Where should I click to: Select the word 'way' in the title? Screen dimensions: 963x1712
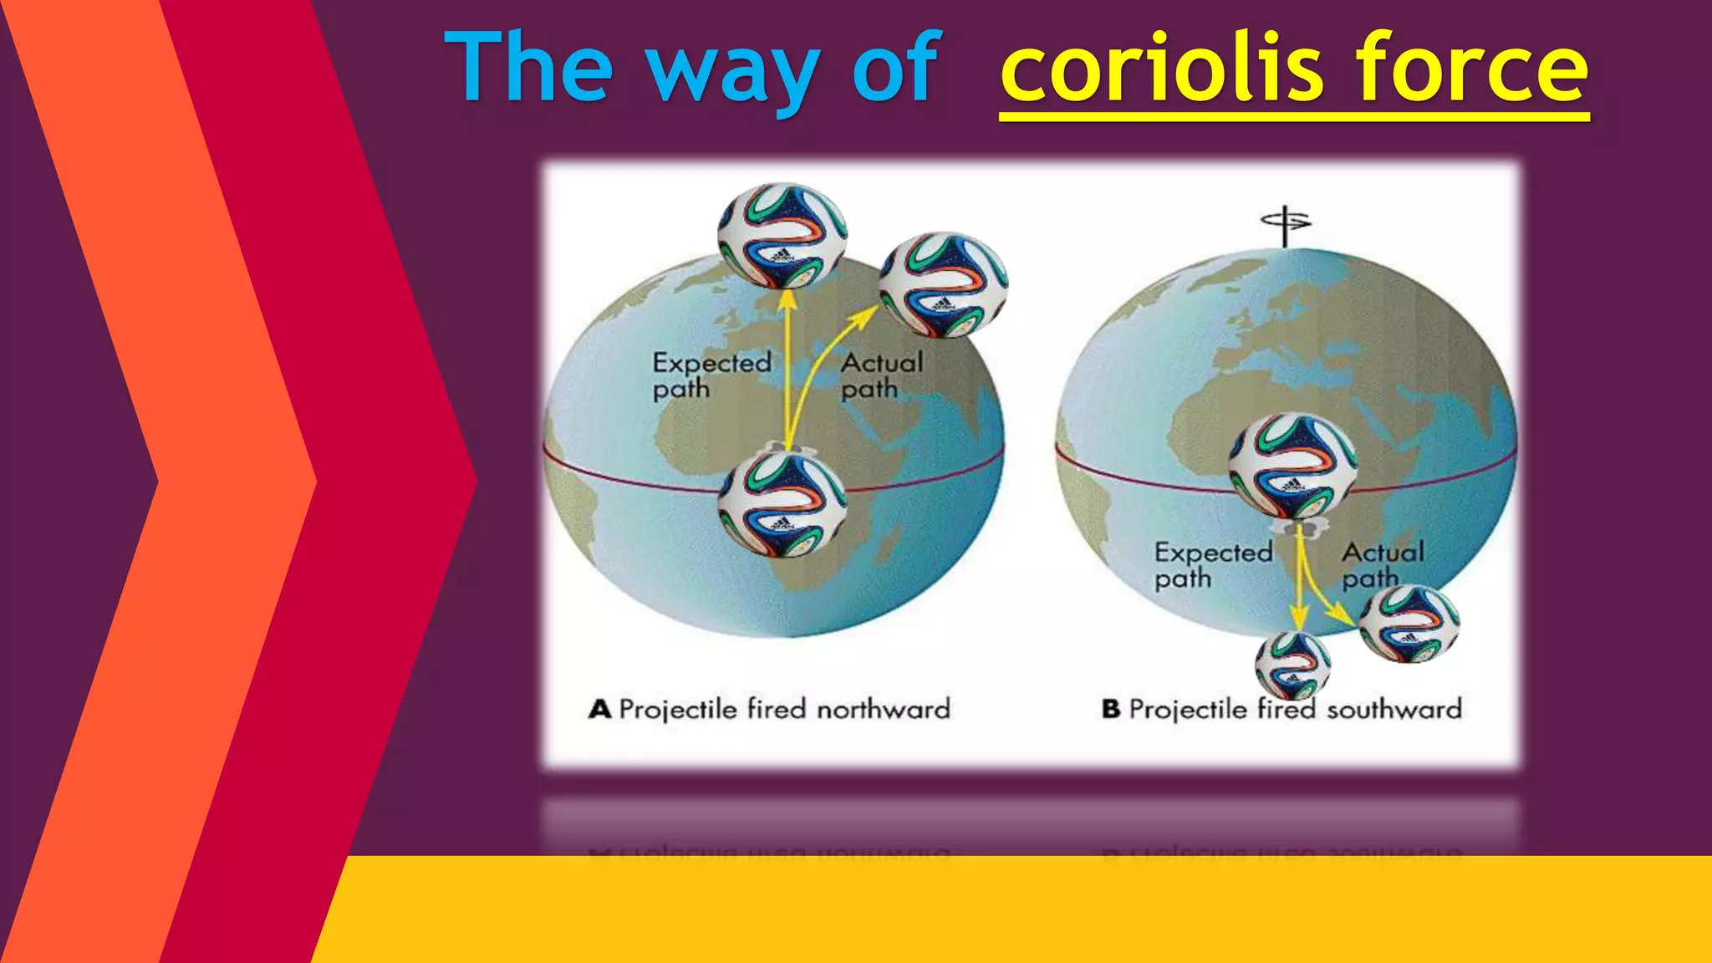click(x=731, y=71)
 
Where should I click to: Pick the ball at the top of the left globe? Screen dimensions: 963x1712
click(x=782, y=236)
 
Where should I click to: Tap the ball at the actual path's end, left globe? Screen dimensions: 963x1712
click(x=943, y=285)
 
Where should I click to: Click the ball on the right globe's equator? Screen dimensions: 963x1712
click(x=1292, y=466)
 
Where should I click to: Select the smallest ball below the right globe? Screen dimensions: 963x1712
click(x=1292, y=665)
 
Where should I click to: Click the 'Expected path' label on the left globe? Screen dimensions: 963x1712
click(x=711, y=375)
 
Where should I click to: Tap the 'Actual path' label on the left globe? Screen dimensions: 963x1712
click(x=882, y=375)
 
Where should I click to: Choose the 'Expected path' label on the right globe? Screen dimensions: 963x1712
click(x=1213, y=565)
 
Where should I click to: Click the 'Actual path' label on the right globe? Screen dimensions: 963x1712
click(x=1383, y=565)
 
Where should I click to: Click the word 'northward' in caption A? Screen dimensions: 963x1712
click(x=883, y=710)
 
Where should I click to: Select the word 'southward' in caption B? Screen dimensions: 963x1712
click(x=1394, y=710)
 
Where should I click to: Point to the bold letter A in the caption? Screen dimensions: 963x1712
click(x=599, y=710)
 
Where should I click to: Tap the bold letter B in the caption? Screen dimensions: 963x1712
click(x=1110, y=710)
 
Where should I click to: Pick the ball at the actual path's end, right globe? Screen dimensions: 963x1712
click(x=1409, y=624)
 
